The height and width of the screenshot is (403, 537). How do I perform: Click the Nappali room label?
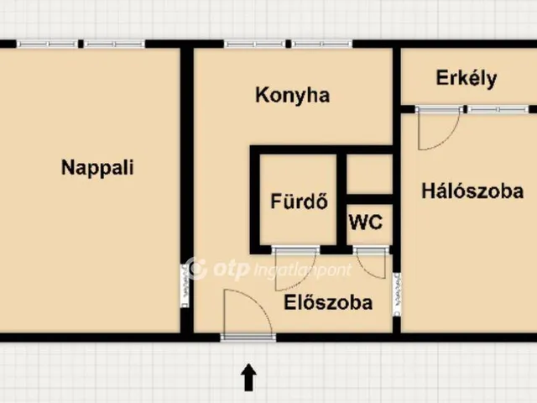[x=97, y=167]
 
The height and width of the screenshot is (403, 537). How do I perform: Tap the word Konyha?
[x=292, y=95]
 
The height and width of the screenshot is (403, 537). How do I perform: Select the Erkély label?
[x=467, y=79]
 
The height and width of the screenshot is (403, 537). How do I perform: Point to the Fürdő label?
[x=298, y=201]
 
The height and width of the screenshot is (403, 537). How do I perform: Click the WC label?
[x=366, y=222]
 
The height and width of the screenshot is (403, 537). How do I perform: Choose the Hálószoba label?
[x=472, y=191]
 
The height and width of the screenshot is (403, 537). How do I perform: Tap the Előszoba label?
[x=327, y=303]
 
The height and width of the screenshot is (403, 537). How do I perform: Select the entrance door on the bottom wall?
[x=248, y=336]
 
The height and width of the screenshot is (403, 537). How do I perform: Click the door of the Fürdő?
[x=296, y=250]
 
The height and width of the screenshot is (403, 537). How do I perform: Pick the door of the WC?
[x=371, y=250]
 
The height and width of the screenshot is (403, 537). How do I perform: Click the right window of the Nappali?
[x=115, y=44]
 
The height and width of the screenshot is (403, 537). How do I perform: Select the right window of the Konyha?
[x=322, y=44]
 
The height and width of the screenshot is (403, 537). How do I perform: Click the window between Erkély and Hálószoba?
[x=497, y=109]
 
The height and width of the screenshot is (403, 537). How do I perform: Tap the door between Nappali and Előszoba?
[x=185, y=285]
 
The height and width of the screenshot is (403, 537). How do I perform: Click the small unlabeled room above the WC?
[x=370, y=174]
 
